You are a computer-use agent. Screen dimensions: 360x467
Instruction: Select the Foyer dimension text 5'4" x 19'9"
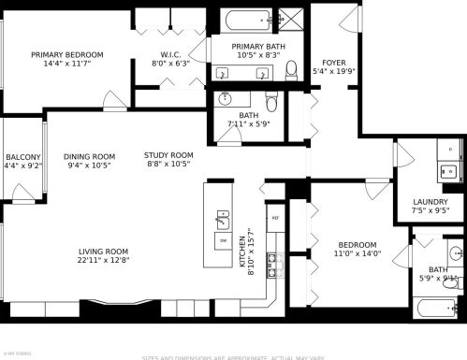point(333,72)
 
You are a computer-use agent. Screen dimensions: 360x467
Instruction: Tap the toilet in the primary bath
point(291,68)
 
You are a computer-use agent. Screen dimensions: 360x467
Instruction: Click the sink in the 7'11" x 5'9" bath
point(225,98)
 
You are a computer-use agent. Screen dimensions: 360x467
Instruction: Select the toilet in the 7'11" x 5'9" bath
point(272,101)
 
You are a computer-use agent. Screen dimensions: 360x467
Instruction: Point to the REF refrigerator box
point(275,219)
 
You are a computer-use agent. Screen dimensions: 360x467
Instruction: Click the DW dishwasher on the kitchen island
point(223,241)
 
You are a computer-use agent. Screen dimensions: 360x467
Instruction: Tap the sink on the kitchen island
point(223,221)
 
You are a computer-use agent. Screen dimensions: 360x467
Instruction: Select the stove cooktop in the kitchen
point(273,266)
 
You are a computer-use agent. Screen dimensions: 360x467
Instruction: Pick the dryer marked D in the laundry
point(450,149)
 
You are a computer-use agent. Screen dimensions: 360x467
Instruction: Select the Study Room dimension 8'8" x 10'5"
point(168,165)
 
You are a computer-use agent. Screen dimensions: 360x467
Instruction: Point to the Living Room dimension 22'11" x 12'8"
point(102,261)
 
